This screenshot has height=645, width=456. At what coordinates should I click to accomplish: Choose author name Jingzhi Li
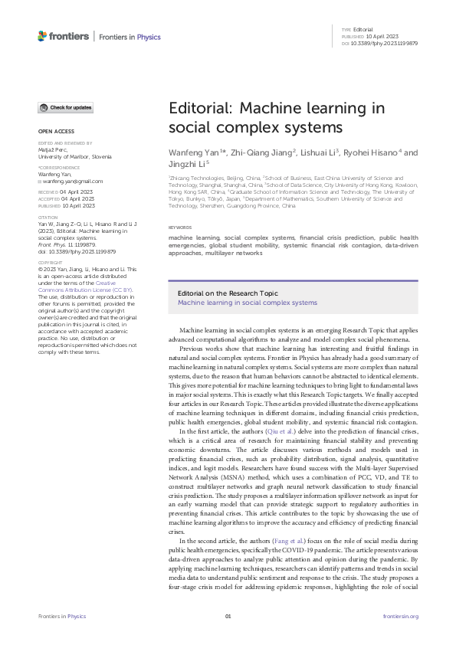[190, 165]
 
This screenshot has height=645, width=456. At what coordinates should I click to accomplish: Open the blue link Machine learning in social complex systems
[247, 303]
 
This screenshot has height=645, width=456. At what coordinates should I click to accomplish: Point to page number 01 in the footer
[228, 616]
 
